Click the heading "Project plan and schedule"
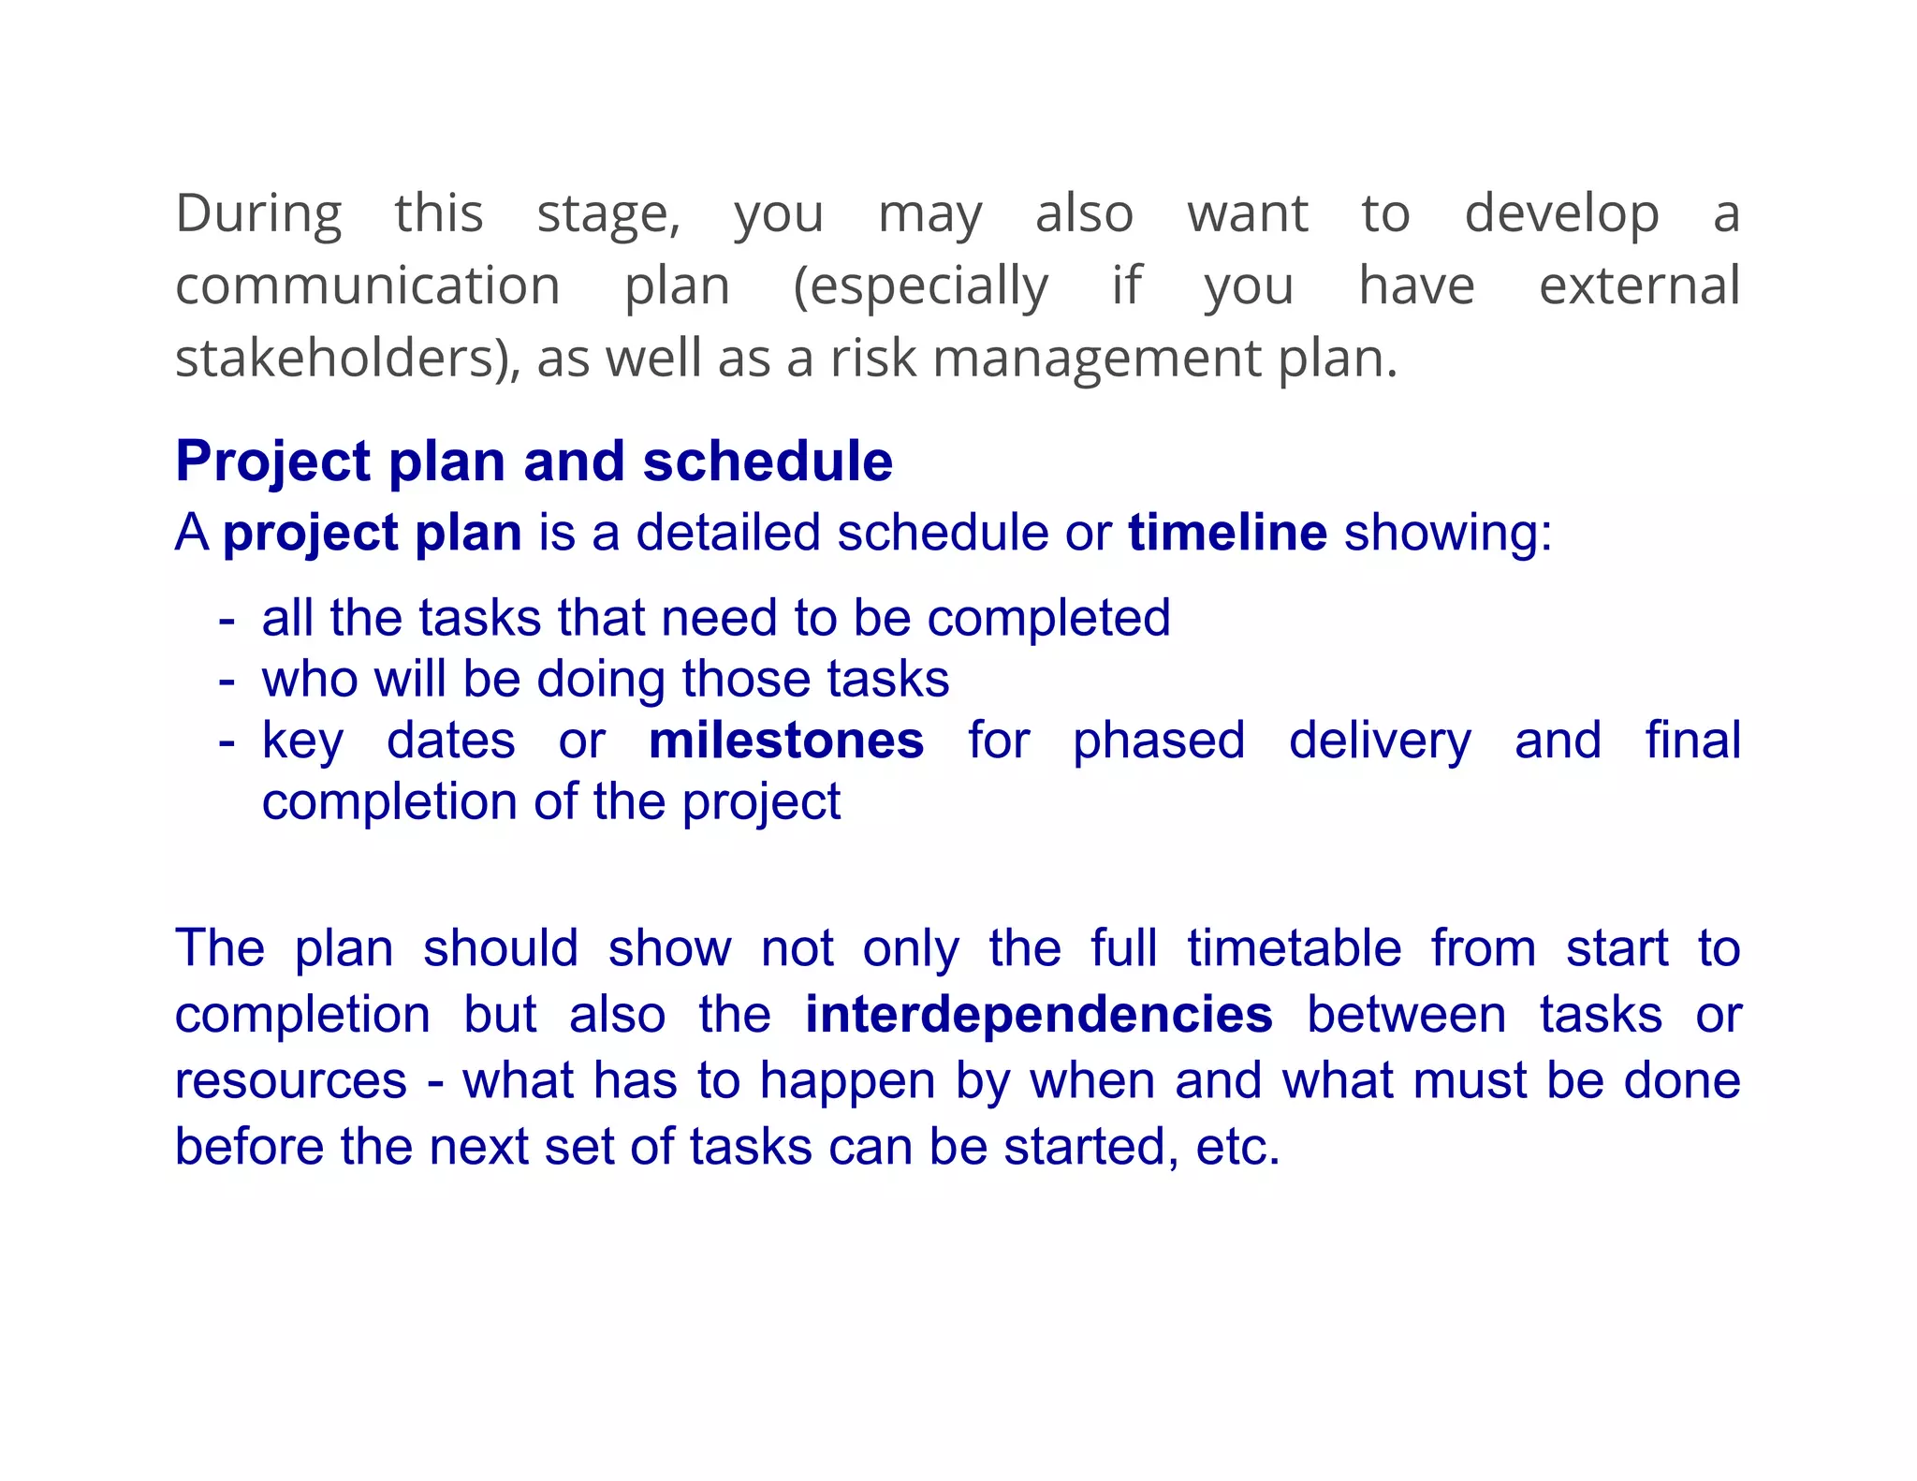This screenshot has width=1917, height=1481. coord(534,462)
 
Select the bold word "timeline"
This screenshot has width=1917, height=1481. coord(1227,533)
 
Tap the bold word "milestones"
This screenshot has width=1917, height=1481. coord(786,740)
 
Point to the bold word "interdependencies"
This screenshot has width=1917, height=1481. coord(1039,1015)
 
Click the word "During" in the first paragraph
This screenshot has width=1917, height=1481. coord(258,213)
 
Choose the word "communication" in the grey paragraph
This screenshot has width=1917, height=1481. coord(368,286)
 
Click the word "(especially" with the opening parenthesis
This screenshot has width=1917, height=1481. coord(920,286)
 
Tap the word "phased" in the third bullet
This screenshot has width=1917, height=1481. coord(1159,740)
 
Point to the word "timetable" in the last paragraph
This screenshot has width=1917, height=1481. coord(1295,947)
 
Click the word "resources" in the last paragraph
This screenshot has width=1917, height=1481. coord(291,1081)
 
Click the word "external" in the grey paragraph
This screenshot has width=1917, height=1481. coord(1639,286)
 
